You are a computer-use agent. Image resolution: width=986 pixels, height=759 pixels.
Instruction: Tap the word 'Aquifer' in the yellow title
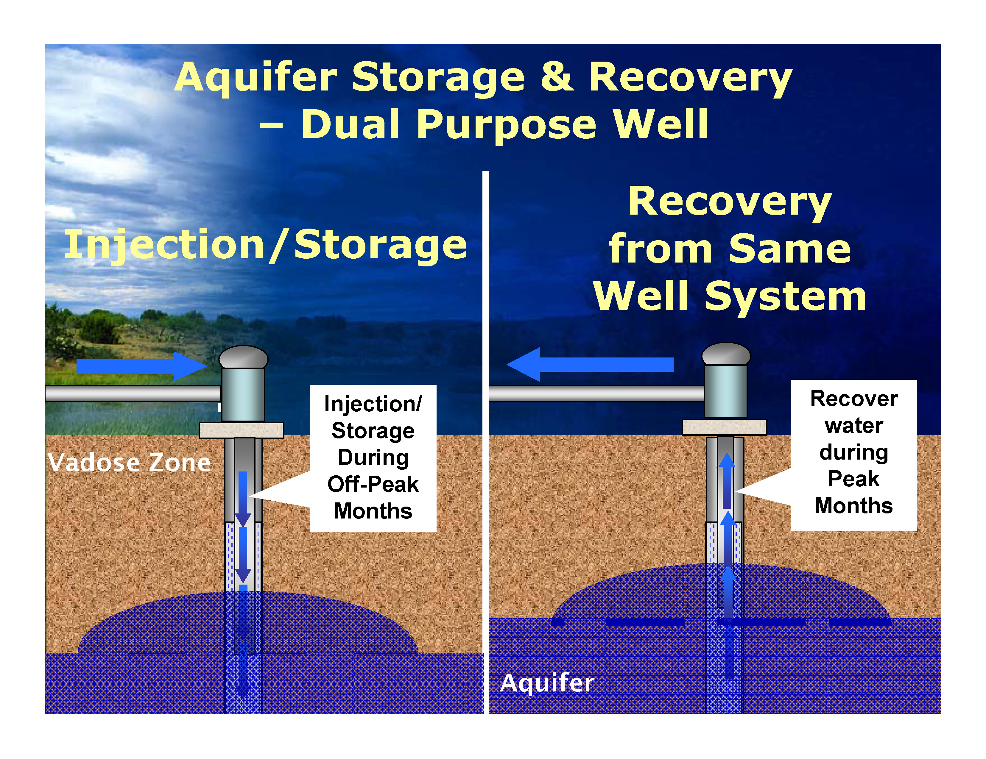click(x=256, y=78)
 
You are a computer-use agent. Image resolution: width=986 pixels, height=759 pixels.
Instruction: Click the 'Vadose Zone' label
click(x=130, y=463)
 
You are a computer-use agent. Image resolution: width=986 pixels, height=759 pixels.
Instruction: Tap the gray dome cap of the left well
click(x=243, y=357)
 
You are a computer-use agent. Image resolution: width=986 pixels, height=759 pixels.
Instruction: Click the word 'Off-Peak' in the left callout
click(x=373, y=484)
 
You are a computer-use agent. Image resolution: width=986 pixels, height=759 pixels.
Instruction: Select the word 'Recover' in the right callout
click(x=854, y=399)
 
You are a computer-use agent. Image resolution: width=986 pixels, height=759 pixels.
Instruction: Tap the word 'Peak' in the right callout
click(x=854, y=479)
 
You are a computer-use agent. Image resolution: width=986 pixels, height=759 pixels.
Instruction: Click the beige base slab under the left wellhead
click(x=242, y=430)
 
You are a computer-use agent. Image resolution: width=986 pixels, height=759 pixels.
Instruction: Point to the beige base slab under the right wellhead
click(x=724, y=427)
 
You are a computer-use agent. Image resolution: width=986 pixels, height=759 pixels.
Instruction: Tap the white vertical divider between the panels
click(x=485, y=442)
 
